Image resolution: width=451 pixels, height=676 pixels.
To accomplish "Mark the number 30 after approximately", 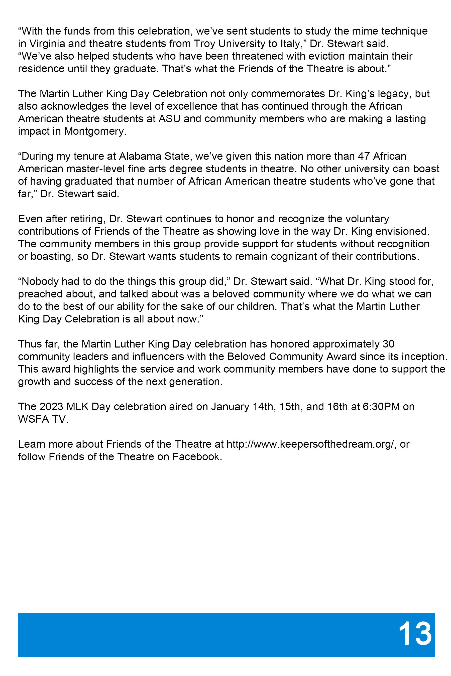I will coord(389,344).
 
